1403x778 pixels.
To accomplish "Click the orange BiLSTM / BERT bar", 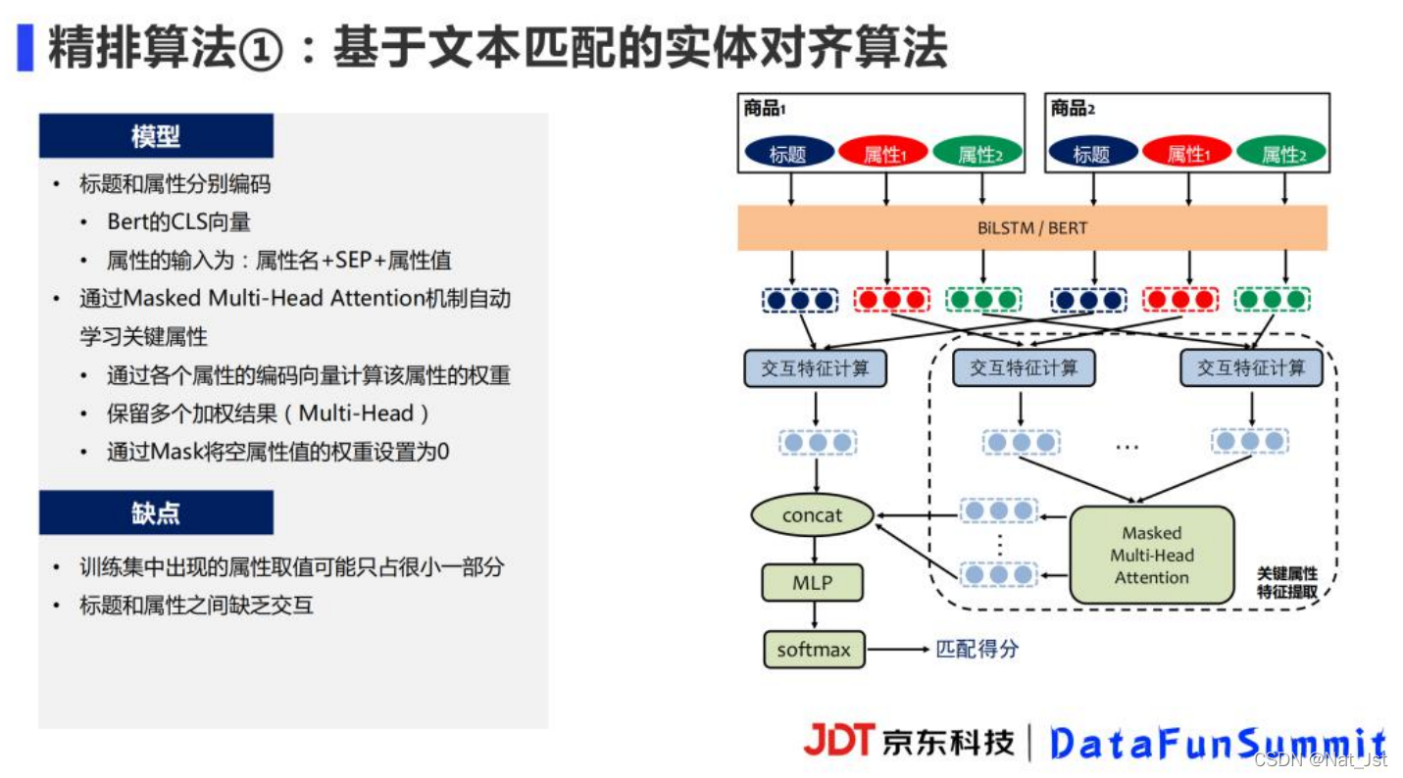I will [x=1031, y=228].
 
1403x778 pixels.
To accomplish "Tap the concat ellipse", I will [x=812, y=515].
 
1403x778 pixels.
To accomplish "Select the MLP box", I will [x=812, y=583].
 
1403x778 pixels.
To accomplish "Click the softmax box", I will [x=814, y=650].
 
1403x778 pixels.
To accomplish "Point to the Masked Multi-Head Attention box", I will [x=1151, y=555].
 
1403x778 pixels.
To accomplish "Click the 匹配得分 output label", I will [x=977, y=649].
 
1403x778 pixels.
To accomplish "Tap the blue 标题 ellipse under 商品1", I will [x=788, y=153].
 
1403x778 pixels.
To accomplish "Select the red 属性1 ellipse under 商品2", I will [x=1186, y=153].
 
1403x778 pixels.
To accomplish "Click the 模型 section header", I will [x=156, y=136].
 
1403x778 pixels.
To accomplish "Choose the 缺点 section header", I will [x=156, y=512].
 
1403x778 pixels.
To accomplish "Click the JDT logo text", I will [x=837, y=741].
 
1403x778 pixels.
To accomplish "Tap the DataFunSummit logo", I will [x=1216, y=744].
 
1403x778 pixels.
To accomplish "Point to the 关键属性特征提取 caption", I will [x=1286, y=582].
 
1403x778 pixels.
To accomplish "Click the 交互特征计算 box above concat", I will [x=814, y=368].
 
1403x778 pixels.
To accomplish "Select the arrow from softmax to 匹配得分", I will [x=898, y=650].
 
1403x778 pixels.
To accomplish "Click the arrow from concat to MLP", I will [x=812, y=551].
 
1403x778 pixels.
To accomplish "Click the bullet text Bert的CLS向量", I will [x=178, y=222].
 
